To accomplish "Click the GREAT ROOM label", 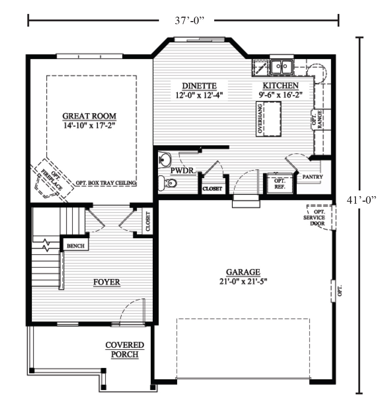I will click(89, 116).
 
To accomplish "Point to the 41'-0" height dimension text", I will click(361, 200).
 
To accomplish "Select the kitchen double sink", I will click(282, 66).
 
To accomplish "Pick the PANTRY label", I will click(312, 177).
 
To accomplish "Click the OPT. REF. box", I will click(279, 184).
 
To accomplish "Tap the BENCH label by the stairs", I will click(75, 246).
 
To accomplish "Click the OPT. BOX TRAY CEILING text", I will click(106, 183).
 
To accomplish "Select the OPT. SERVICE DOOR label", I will click(314, 218).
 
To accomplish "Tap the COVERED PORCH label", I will click(124, 350).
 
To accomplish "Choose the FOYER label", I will click(107, 282).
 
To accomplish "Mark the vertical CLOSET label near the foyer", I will click(148, 221).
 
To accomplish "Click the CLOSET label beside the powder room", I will click(212, 189).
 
